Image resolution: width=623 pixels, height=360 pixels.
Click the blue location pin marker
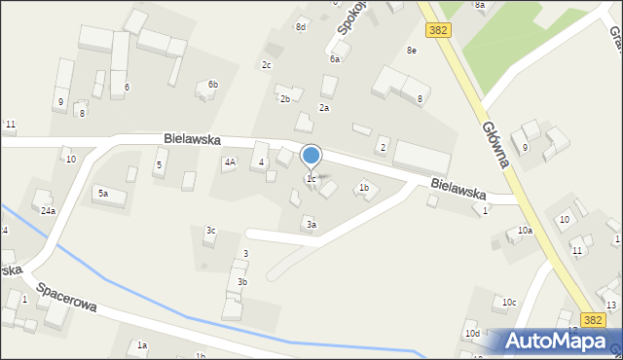click(311, 156)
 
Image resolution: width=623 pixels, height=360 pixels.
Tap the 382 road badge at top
click(438, 30)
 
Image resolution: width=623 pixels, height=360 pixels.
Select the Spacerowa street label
click(67, 298)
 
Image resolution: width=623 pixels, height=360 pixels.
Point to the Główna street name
click(495, 140)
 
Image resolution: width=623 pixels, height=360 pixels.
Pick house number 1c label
click(311, 179)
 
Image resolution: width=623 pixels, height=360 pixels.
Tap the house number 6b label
click(213, 85)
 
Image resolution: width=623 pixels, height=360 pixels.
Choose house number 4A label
click(230, 162)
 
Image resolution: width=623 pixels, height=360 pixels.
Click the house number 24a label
click(48, 210)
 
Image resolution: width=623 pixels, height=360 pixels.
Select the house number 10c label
click(508, 303)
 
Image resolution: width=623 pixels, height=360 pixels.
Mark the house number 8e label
click(412, 50)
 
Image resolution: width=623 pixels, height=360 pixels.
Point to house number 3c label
click(210, 231)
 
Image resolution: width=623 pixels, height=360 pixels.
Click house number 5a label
click(102, 194)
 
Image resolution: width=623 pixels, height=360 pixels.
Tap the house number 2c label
click(266, 64)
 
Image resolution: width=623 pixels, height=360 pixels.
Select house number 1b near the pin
click(364, 187)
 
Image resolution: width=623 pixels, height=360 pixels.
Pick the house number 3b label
click(242, 282)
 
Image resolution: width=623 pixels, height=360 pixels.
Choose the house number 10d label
click(472, 334)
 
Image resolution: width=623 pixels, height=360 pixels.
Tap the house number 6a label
click(334, 58)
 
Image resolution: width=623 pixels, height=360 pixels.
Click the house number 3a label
click(311, 225)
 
